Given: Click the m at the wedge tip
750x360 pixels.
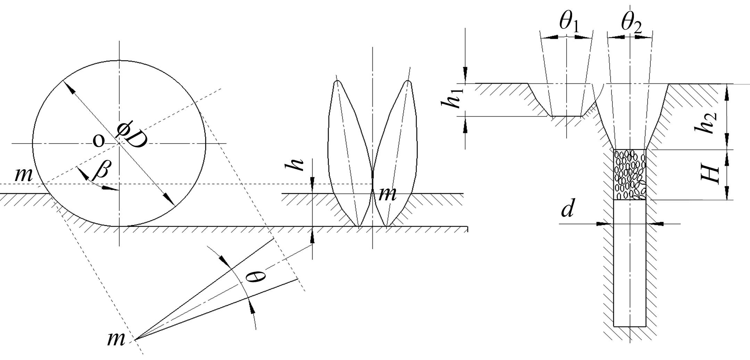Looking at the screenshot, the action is [116, 339].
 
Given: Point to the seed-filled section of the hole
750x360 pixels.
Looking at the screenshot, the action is [630, 174].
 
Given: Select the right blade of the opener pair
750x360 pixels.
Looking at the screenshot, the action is [394, 153].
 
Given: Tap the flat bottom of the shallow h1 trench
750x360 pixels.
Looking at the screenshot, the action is [566, 116].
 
